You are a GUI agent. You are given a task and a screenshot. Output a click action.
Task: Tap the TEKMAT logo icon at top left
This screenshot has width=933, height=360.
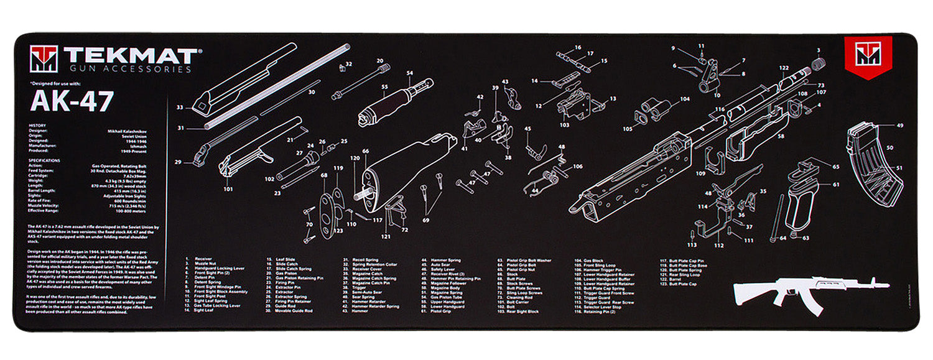[x=44, y=59]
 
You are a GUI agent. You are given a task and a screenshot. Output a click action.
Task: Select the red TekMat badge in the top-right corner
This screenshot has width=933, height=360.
[x=868, y=57]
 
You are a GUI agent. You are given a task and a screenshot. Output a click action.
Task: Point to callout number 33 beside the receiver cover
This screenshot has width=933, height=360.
[x=180, y=108]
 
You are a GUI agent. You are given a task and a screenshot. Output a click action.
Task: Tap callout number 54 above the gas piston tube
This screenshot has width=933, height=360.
[x=410, y=73]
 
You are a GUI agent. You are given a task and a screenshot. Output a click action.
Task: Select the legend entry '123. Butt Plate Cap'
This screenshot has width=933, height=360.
[x=682, y=284]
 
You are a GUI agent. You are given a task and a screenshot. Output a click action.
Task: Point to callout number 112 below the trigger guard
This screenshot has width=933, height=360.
[x=718, y=245]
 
